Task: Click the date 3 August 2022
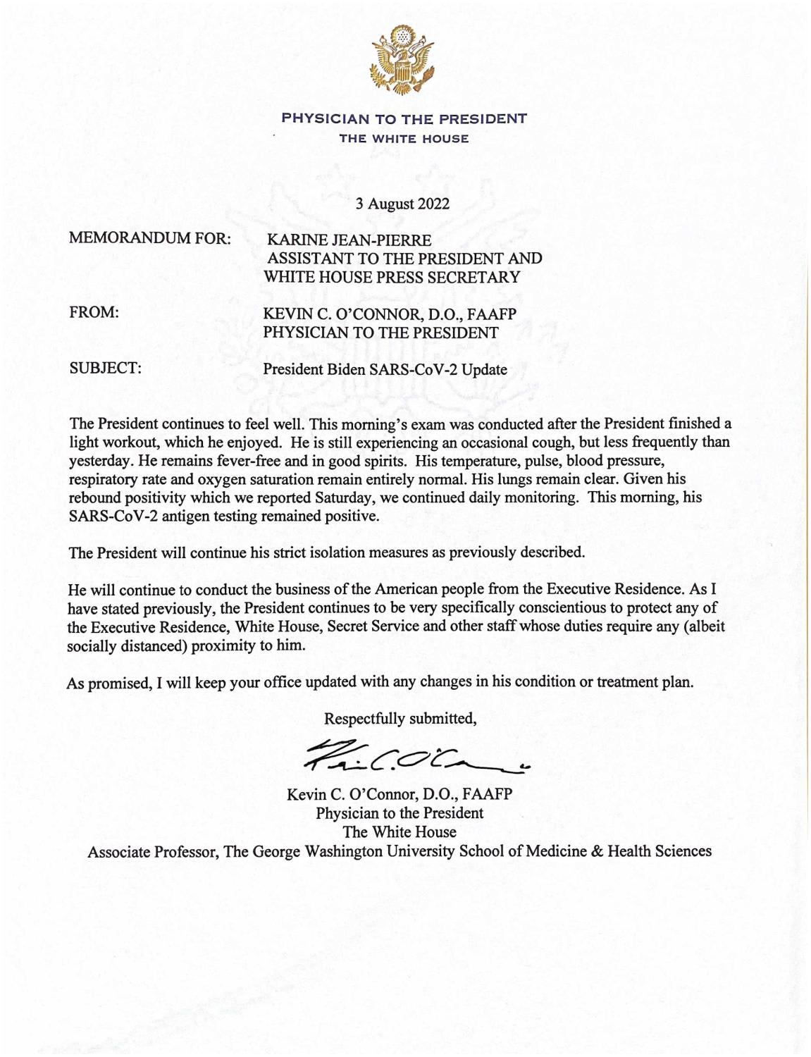pyautogui.click(x=402, y=204)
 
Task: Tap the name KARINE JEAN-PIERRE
pyautogui.click(x=345, y=241)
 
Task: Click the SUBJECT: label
pyautogui.click(x=105, y=368)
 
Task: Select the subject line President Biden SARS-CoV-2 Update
pyautogui.click(x=385, y=369)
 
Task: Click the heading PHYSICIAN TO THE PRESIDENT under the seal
pyautogui.click(x=404, y=118)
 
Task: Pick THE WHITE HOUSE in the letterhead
pyautogui.click(x=404, y=139)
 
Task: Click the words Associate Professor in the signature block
pyautogui.click(x=151, y=851)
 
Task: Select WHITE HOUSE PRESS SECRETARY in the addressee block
pyautogui.click(x=392, y=277)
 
